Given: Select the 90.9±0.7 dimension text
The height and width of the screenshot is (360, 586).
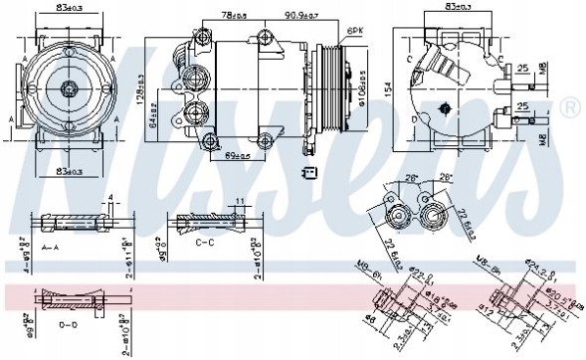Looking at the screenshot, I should tap(302, 16).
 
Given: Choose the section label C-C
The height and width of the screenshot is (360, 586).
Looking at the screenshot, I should tap(205, 242).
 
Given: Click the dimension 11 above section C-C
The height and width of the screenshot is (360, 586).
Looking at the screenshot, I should tap(240, 202).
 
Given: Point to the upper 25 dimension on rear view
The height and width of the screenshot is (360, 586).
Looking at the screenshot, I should tap(521, 69).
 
